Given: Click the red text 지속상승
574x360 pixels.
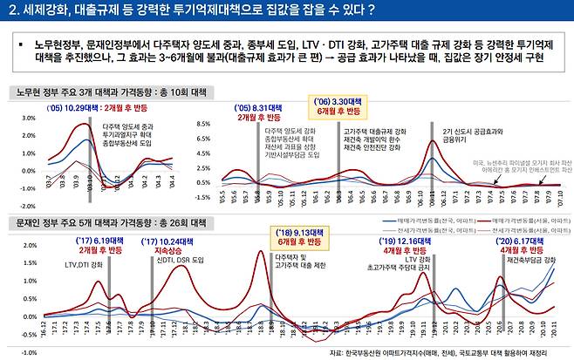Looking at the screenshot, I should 159,250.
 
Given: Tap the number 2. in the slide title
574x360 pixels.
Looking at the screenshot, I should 12,10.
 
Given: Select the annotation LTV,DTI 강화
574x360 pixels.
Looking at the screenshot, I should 85,263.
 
